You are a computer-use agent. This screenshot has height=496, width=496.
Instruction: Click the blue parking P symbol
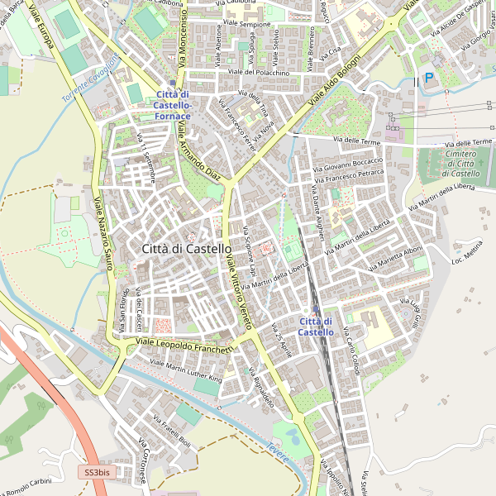click(428, 78)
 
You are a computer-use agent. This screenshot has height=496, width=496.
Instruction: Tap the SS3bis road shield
click(97, 472)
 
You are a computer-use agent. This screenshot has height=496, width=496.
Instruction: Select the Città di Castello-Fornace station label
click(173, 105)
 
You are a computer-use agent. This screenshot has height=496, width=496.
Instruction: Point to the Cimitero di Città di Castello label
click(460, 164)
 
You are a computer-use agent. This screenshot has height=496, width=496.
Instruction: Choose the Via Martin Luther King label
click(187, 372)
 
